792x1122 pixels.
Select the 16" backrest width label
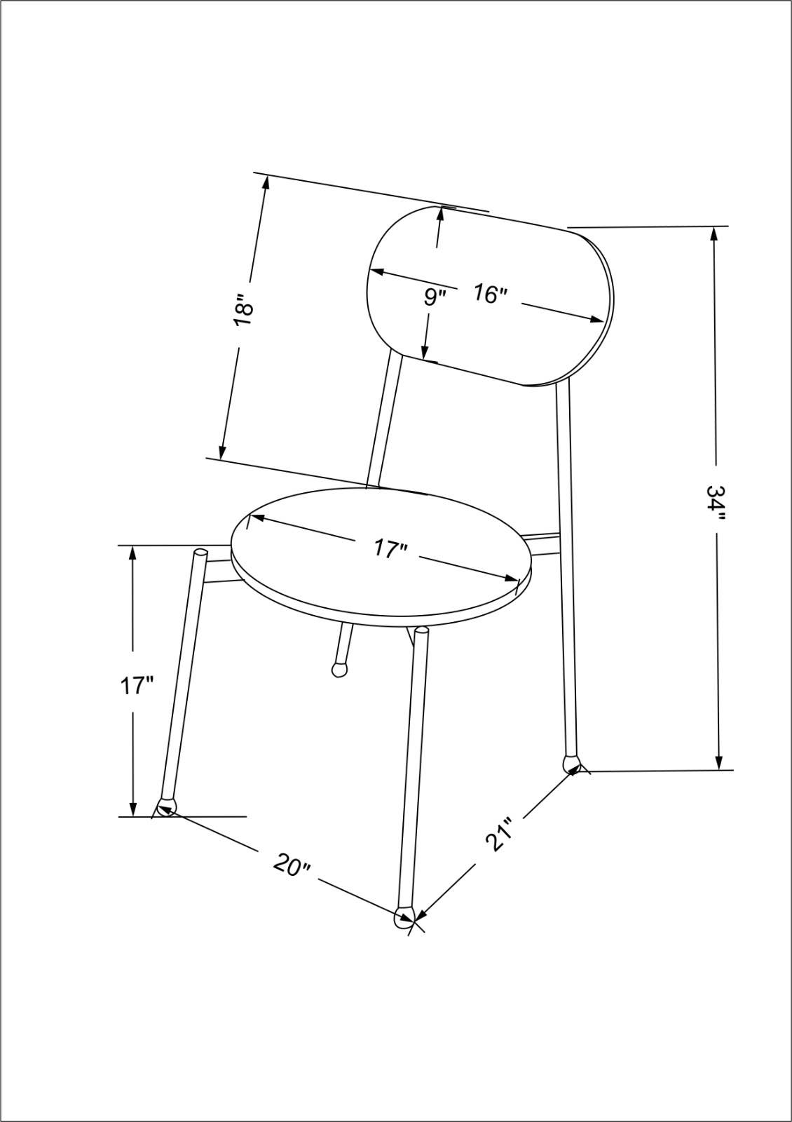pos(489,293)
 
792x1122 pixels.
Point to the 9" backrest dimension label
pos(435,297)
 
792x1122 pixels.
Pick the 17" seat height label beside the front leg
pos(136,685)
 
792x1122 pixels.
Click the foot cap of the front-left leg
pos(167,806)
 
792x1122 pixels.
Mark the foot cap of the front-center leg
pos(404,917)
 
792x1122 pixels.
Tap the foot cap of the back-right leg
pos(572,762)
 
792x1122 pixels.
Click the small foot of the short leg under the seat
pos(339,668)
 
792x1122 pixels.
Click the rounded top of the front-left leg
pos(200,553)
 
